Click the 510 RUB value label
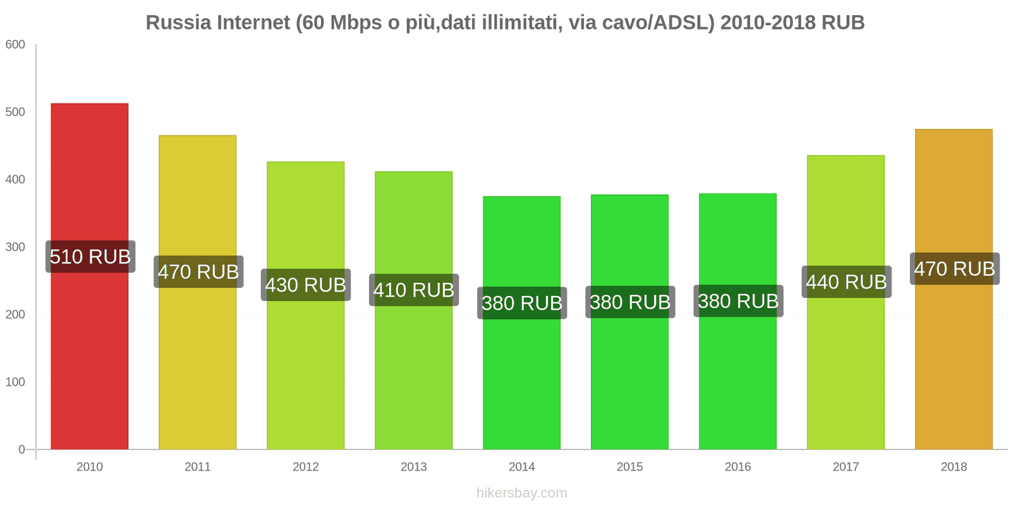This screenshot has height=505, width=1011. pyautogui.click(x=90, y=257)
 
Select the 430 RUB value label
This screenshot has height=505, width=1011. pyautogui.click(x=306, y=285)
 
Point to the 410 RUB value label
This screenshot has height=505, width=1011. pyautogui.click(x=414, y=290)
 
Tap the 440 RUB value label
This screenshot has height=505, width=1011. pyautogui.click(x=846, y=282)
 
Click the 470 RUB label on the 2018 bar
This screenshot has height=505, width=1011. pyautogui.click(x=954, y=269)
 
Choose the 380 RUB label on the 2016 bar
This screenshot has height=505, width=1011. pyautogui.click(x=738, y=302)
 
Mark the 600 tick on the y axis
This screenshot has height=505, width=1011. pyautogui.click(x=15, y=45)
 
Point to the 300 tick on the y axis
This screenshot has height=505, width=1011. pyautogui.click(x=15, y=247)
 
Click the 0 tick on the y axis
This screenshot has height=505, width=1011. pyautogui.click(x=21, y=449)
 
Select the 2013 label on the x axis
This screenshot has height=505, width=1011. pyautogui.click(x=413, y=467)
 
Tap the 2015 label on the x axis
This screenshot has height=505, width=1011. pyautogui.click(x=629, y=467)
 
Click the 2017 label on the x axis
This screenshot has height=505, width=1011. pyautogui.click(x=845, y=467)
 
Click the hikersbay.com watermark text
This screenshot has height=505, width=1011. pyautogui.click(x=521, y=493)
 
